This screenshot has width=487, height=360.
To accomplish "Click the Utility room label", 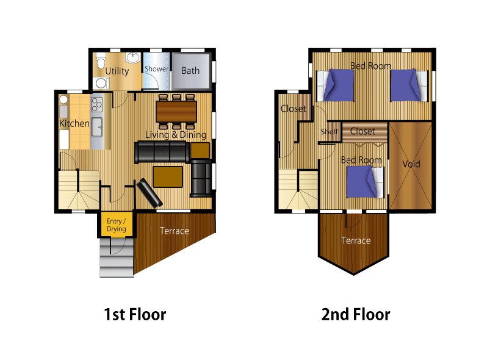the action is pyautogui.click(x=117, y=71).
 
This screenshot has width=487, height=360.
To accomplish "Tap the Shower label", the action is pyautogui.click(x=156, y=69).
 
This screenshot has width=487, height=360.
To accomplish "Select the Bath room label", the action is pyautogui.click(x=190, y=71).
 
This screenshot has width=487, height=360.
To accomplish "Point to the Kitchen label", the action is pyautogui.click(x=74, y=123).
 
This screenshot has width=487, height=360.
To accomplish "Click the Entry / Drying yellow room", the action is pyautogui.click(x=117, y=225).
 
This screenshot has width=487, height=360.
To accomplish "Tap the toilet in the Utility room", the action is pyautogui.click(x=101, y=62).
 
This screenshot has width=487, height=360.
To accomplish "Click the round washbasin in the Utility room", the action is pyautogui.click(x=133, y=58).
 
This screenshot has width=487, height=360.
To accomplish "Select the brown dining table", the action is pyautogui.click(x=176, y=112).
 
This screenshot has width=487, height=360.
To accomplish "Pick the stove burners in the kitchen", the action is pyautogui.click(x=97, y=104).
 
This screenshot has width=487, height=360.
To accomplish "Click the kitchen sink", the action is pyautogui.click(x=97, y=128).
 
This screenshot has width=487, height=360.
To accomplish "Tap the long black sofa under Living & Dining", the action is pyautogui.click(x=162, y=152).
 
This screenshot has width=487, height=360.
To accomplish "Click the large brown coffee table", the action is pyautogui.click(x=168, y=177).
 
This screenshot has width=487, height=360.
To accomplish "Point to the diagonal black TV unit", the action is pyautogui.click(x=150, y=193).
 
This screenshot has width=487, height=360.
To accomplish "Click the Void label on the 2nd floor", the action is pyautogui.click(x=411, y=164).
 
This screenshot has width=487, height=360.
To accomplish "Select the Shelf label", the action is pyautogui.click(x=329, y=132).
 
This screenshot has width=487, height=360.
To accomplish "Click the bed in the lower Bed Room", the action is pyautogui.click(x=365, y=182).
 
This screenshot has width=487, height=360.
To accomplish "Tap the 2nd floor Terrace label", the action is pyautogui.click(x=356, y=240).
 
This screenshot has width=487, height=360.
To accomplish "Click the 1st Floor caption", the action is pyautogui.click(x=135, y=314).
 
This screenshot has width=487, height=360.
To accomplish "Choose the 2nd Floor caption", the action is pyautogui.click(x=356, y=314).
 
